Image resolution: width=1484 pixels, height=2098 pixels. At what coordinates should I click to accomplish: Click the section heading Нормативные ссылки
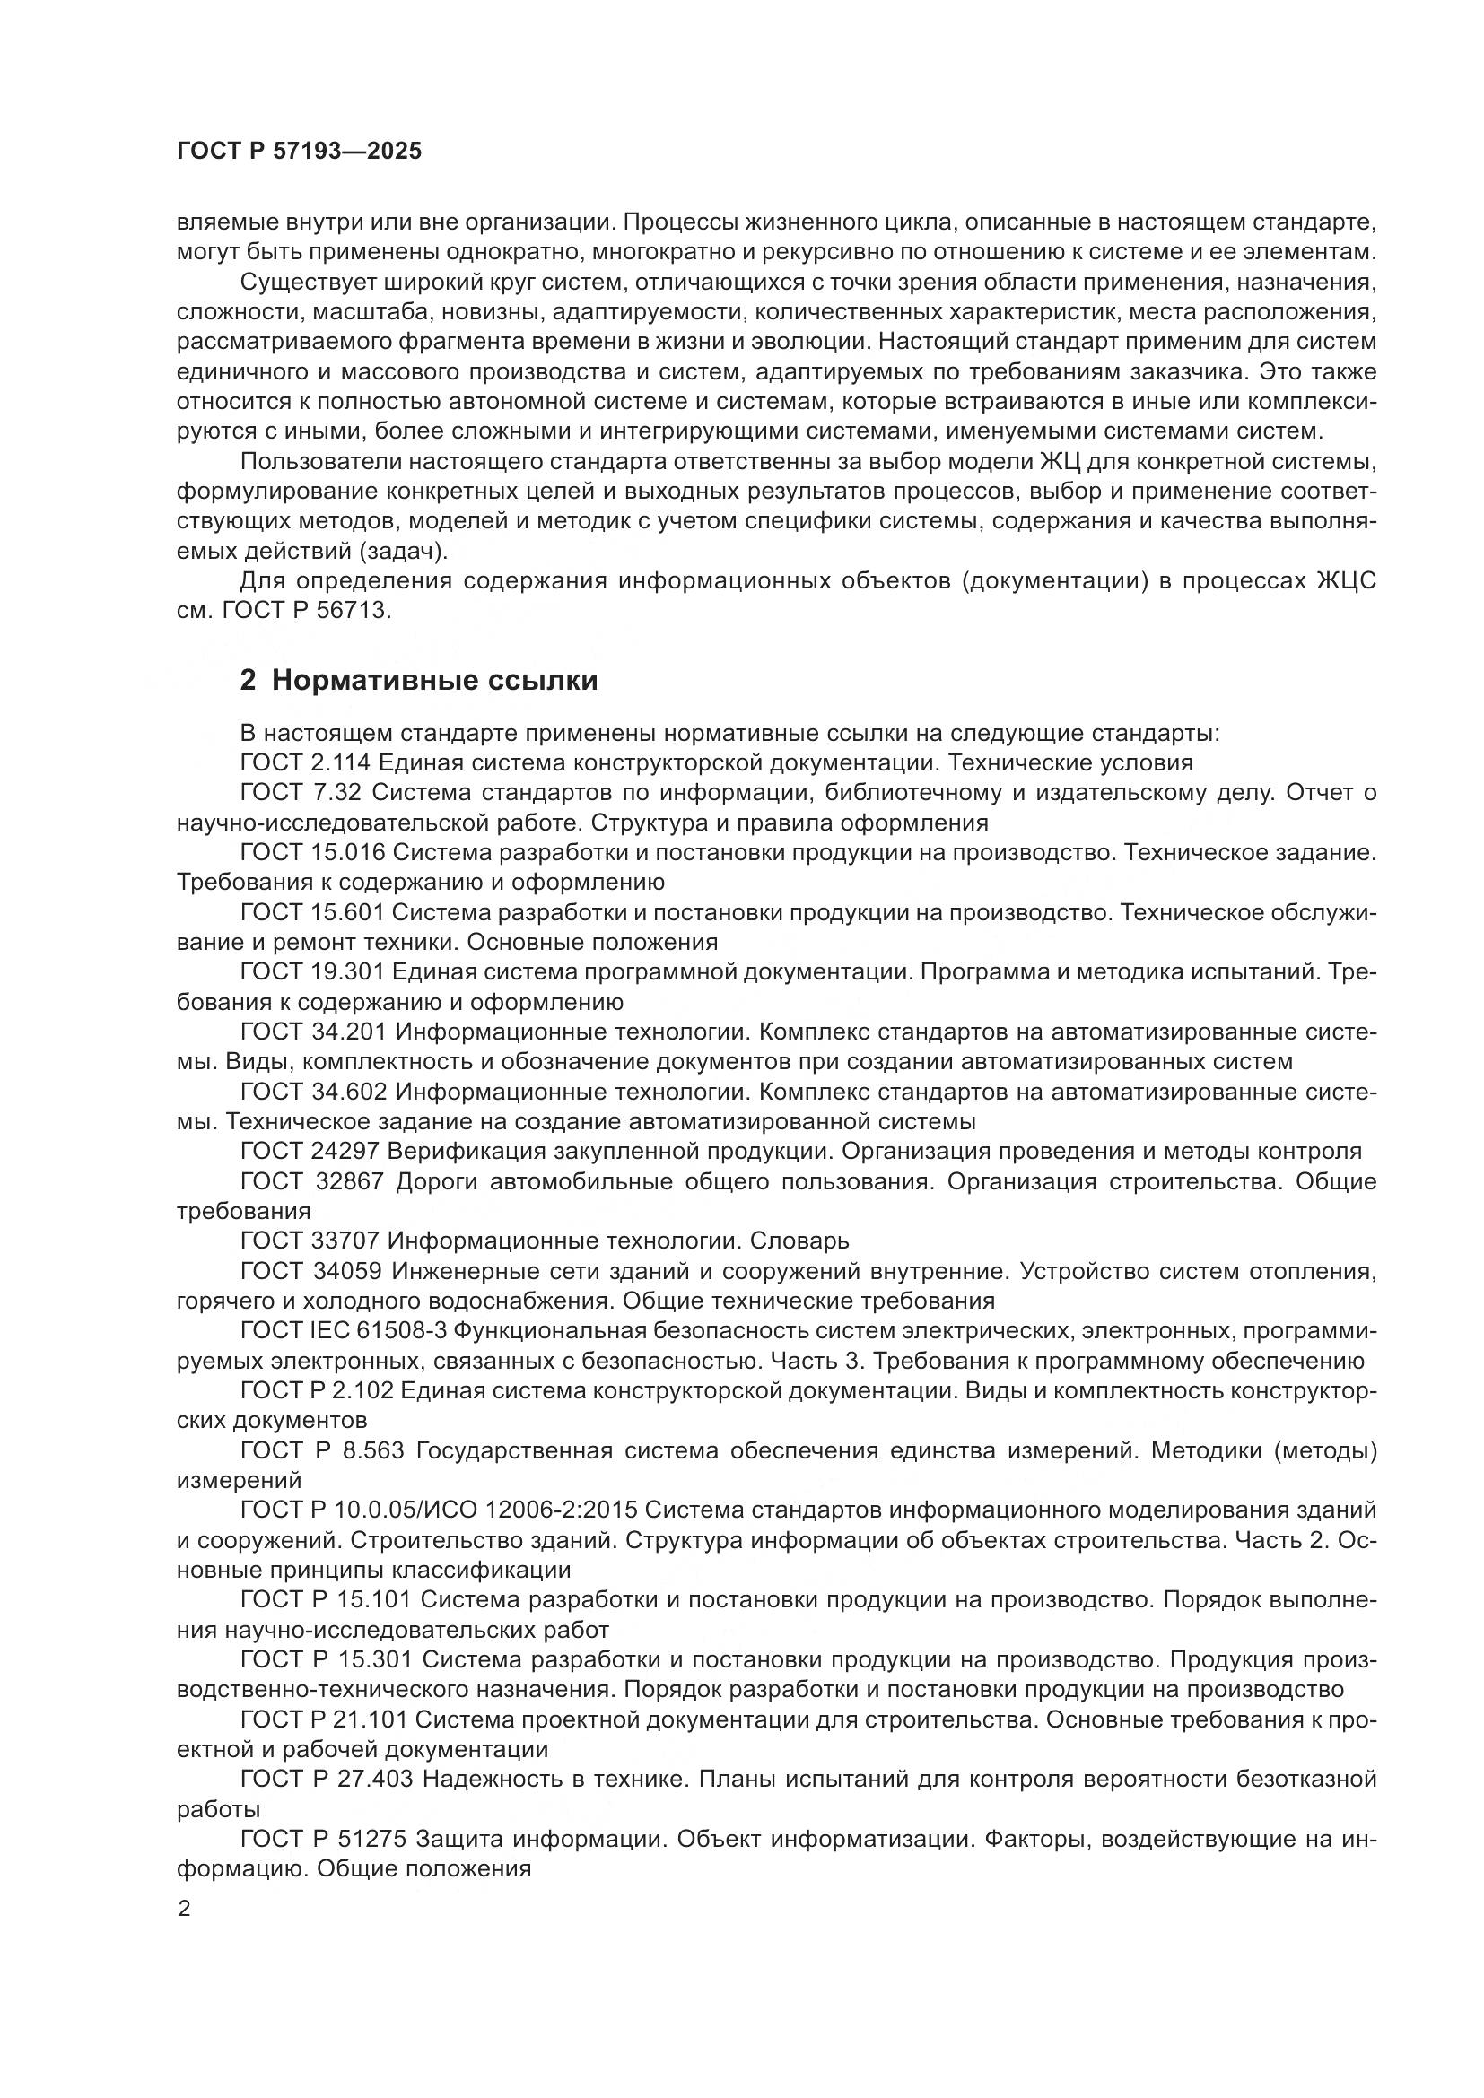coord(434,681)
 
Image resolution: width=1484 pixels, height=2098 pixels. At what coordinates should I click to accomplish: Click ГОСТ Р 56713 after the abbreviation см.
coord(306,611)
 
